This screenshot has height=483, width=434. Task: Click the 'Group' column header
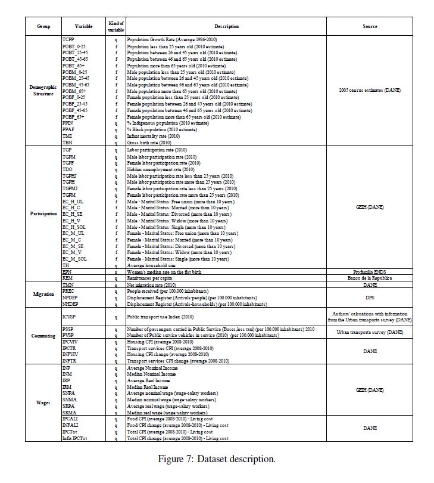pos(43,27)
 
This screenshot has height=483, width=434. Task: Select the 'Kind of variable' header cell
pos(116,26)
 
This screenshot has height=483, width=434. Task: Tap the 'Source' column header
pos(370,27)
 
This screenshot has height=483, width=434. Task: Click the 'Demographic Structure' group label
pos(43,90)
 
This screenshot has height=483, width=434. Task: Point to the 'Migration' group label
pos(43,294)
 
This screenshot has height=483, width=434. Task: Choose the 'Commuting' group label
pos(43,336)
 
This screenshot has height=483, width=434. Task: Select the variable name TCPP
pos(69,39)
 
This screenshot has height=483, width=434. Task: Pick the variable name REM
pos(67,277)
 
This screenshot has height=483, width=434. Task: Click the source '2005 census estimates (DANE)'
pos(370,90)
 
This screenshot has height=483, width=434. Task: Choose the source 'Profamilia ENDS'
pos(370,271)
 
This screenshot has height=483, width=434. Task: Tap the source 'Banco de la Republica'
pos(370,277)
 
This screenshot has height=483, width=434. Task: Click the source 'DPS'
pos(370,296)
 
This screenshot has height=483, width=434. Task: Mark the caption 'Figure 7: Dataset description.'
pos(217,459)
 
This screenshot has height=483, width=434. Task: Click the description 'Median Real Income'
pos(148,387)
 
